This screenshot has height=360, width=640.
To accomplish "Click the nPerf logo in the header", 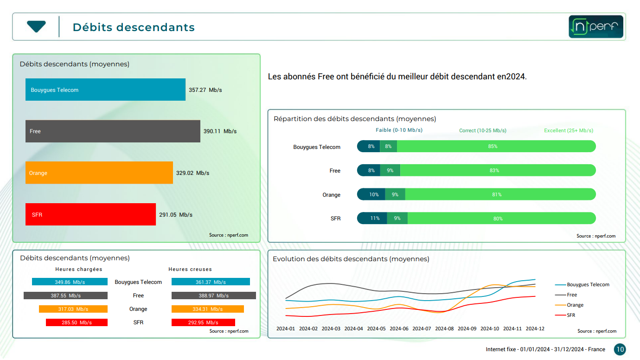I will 596,27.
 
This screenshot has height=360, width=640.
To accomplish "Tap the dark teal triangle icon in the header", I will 36,26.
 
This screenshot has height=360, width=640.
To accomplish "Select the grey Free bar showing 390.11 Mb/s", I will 113,131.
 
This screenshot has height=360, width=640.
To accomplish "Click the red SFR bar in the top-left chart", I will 90,214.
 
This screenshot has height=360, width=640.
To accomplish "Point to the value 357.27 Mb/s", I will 205,90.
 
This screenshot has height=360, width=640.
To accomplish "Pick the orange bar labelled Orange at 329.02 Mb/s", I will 99,173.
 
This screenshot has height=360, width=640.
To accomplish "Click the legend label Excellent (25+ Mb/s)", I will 569,131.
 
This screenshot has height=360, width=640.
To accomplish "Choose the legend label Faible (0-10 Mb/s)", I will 399,130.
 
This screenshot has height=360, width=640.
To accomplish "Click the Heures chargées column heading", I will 79,269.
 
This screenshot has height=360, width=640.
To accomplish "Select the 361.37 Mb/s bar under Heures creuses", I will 211,282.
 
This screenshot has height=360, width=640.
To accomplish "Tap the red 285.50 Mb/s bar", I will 77,322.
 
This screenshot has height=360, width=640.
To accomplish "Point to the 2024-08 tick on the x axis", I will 444,328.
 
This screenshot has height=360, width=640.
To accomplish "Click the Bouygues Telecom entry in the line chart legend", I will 588,284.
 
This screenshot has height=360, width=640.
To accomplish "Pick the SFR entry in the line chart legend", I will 570,315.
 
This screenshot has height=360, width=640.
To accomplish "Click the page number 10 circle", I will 620,349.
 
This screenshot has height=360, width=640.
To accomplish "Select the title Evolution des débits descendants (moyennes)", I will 351,259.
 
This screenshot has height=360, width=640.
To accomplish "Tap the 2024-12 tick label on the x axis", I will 535,328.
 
